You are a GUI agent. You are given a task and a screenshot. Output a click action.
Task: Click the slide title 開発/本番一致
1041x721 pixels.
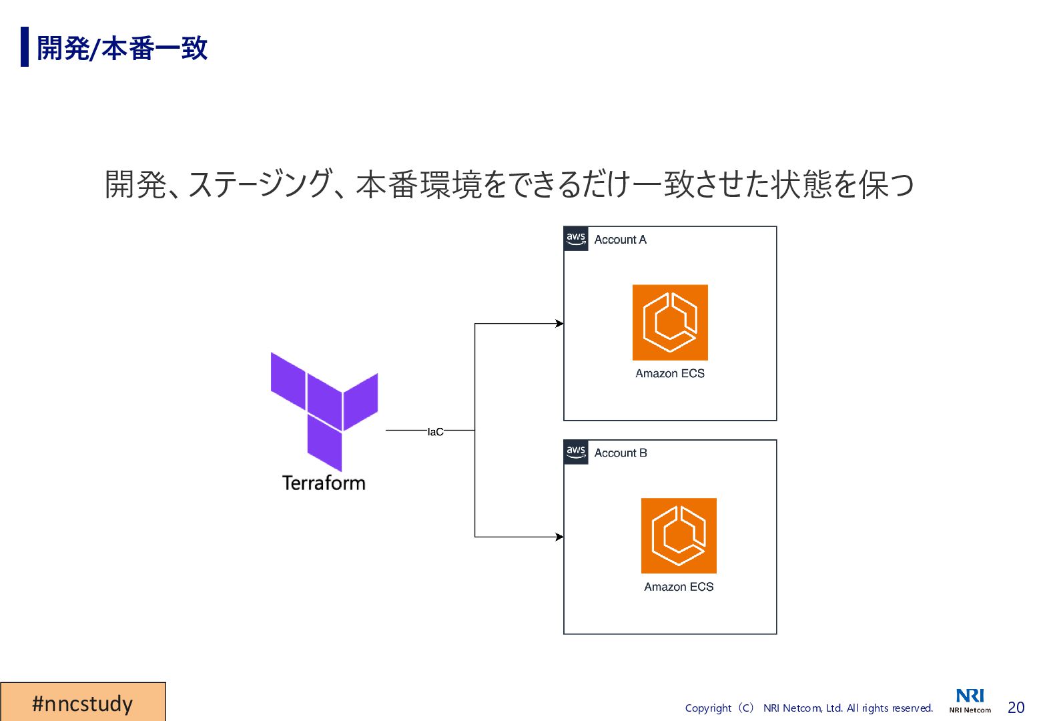pyautogui.click(x=122, y=48)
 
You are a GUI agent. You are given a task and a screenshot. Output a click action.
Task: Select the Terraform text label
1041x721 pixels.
pyautogui.click(x=324, y=483)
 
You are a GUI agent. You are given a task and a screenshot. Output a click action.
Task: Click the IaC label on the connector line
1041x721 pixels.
pyautogui.click(x=435, y=432)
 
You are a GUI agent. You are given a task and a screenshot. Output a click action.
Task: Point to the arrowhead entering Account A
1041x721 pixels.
pyautogui.click(x=560, y=324)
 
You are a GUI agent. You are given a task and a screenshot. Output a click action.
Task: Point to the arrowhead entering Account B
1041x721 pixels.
pyautogui.click(x=560, y=537)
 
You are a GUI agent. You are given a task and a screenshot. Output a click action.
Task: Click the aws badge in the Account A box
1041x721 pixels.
pyautogui.click(x=576, y=238)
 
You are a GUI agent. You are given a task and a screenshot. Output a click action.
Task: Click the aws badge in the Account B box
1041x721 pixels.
pyautogui.click(x=576, y=452)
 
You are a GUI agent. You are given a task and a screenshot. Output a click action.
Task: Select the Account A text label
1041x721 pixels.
pyautogui.click(x=620, y=240)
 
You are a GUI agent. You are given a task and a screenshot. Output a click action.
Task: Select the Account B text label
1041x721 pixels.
pyautogui.click(x=621, y=453)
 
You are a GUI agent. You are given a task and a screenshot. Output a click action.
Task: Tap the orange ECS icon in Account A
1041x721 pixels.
pyautogui.click(x=670, y=322)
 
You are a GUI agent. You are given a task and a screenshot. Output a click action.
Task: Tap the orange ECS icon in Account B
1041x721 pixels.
pyautogui.click(x=679, y=535)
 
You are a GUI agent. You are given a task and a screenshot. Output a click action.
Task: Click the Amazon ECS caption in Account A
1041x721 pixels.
pyautogui.click(x=670, y=374)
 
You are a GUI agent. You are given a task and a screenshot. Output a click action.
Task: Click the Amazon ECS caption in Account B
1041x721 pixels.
pyautogui.click(x=679, y=587)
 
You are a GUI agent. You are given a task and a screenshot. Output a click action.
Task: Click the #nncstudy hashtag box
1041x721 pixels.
pyautogui.click(x=83, y=702)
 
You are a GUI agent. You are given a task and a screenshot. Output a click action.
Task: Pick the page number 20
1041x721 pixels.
pyautogui.click(x=1016, y=708)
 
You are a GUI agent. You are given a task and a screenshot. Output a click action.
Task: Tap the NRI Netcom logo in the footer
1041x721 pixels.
pyautogui.click(x=970, y=700)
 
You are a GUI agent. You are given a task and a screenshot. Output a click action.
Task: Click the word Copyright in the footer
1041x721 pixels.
pyautogui.click(x=708, y=708)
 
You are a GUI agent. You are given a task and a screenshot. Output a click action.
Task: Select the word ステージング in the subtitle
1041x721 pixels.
pyautogui.click(x=260, y=184)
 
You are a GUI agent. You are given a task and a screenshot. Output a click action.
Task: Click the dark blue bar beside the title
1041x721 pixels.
pyautogui.click(x=25, y=47)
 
